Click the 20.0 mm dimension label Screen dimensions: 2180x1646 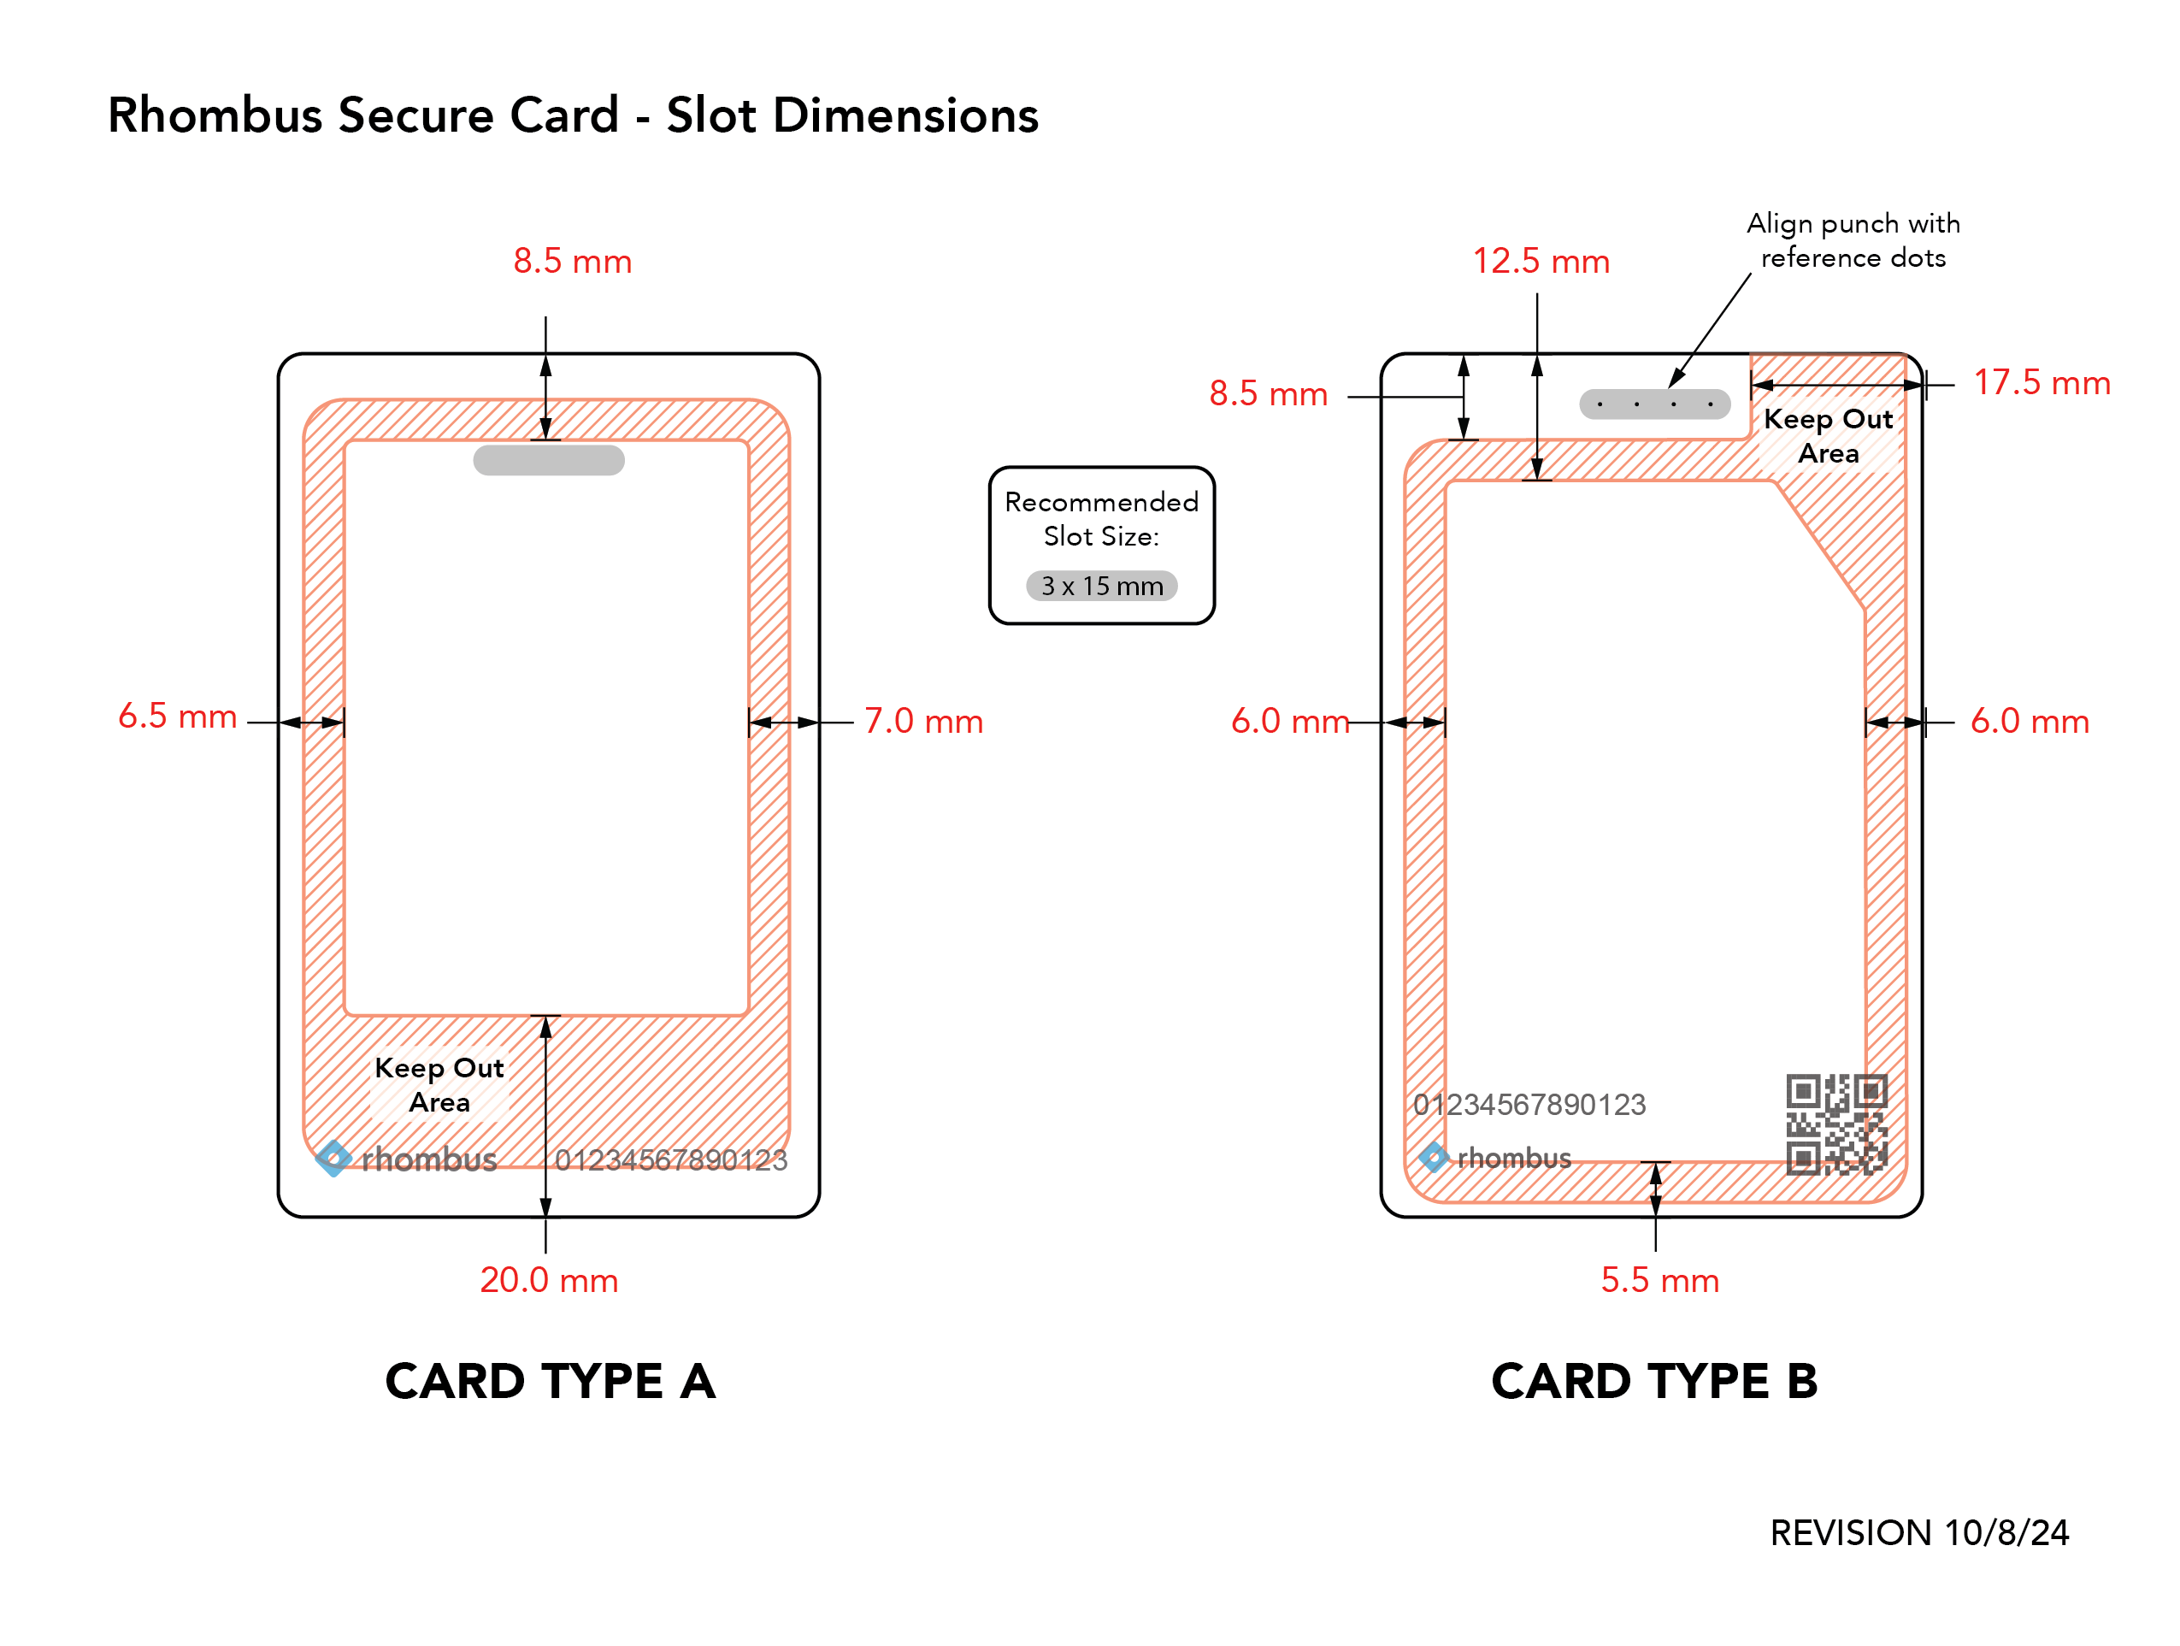549,1279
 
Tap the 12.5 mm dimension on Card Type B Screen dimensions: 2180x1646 1541,261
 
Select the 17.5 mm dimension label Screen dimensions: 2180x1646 2042,382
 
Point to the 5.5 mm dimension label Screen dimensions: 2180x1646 1659,1279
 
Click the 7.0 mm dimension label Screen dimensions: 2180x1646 923,721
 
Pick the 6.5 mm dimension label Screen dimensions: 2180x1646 178,716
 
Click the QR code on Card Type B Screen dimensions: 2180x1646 1836,1124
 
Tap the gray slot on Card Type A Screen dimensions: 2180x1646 549,460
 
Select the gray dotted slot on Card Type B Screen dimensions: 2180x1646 1655,404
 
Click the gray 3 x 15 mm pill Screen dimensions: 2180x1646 1102,586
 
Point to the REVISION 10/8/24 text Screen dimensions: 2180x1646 1919,1532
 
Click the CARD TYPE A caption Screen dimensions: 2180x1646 550,1381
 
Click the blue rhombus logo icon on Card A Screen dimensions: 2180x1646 333,1158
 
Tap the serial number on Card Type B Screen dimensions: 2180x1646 1529,1104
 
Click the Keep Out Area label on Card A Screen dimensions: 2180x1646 439,1084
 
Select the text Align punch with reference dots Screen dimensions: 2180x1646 1853,240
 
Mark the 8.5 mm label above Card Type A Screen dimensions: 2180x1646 573,261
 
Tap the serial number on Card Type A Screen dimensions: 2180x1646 671,1159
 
